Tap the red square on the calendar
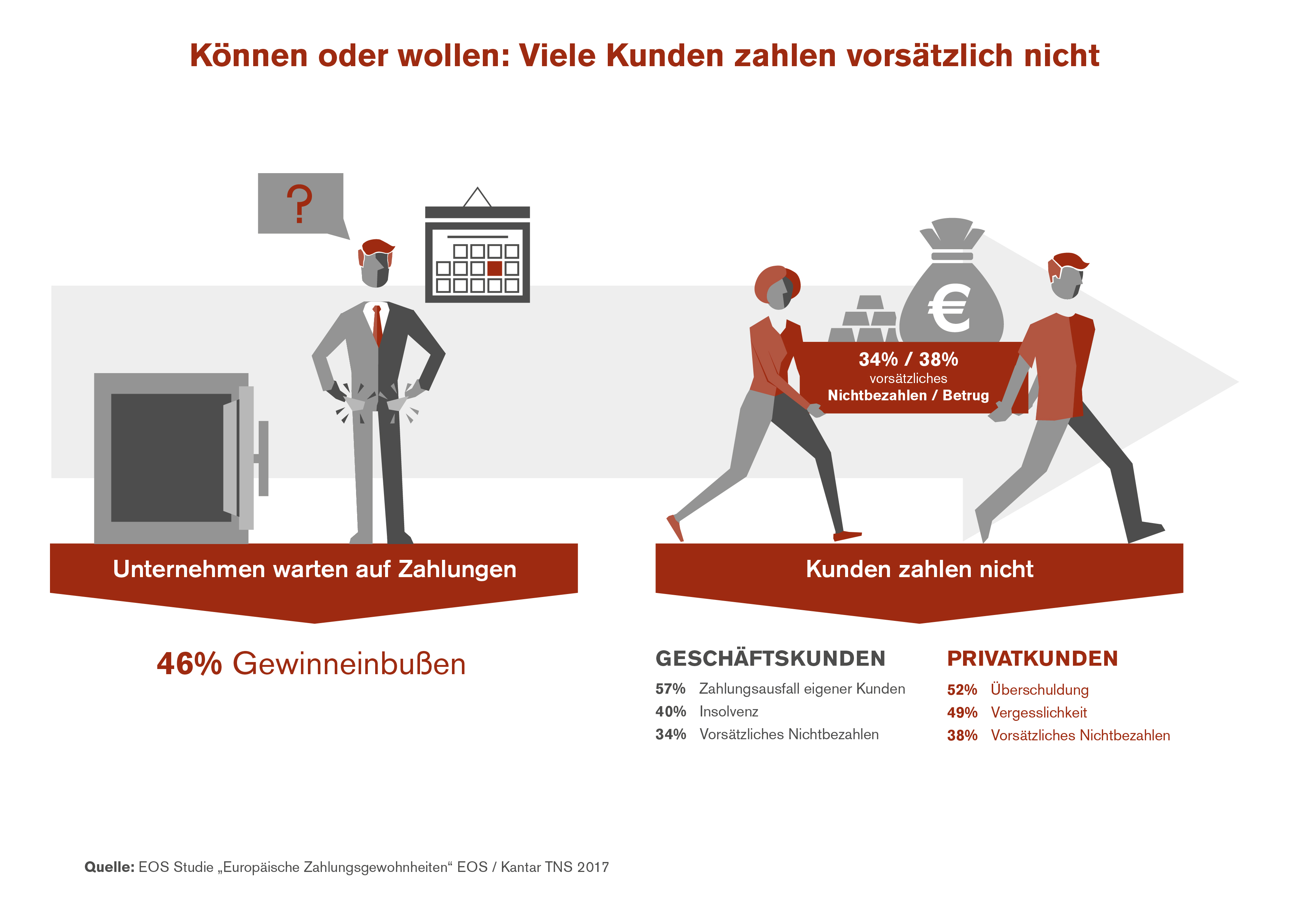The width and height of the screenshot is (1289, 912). tap(494, 268)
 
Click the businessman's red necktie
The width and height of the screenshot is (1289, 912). tap(377, 325)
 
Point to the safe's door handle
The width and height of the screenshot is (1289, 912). tap(262, 458)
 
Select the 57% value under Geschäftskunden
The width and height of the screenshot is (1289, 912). tap(670, 689)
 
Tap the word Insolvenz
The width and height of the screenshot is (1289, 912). tap(729, 712)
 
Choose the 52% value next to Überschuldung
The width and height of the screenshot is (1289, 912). tap(962, 690)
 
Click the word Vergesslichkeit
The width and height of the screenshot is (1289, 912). tap(1039, 713)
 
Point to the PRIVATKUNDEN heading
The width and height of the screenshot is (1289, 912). tap(1032, 659)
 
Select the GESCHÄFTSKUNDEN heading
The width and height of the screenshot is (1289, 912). tap(770, 659)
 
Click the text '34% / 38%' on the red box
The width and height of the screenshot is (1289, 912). tap(908, 360)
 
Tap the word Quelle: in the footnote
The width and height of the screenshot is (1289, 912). tap(109, 867)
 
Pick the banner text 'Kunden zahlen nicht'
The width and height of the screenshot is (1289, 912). tap(919, 569)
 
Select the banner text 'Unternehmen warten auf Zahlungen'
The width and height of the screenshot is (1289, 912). tap(315, 569)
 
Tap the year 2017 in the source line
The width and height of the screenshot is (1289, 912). tap(592, 867)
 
